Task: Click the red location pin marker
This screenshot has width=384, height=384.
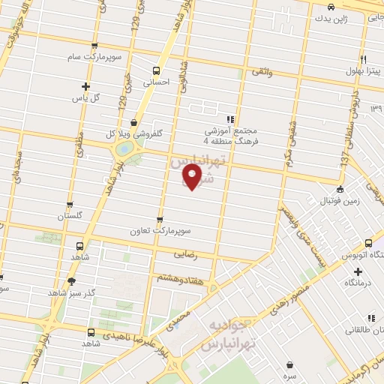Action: tap(193, 178)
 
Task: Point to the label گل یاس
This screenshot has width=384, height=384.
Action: tap(85, 98)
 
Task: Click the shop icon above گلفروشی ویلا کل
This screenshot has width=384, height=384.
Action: tap(133, 122)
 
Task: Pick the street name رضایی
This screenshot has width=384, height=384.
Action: tap(184, 254)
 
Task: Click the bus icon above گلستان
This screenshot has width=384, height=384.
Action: tap(70, 204)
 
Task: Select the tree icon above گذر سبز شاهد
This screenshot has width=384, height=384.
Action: tap(71, 281)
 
